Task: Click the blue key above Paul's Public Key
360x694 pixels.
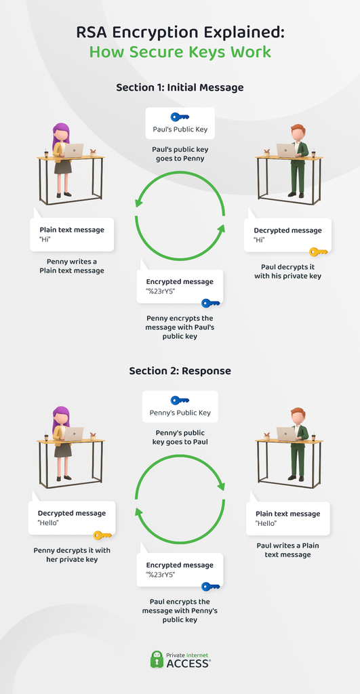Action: pos(180,117)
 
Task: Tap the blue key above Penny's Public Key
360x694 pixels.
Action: pos(180,400)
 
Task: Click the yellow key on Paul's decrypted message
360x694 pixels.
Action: pos(319,252)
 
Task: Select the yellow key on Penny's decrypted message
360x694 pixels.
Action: pos(103,535)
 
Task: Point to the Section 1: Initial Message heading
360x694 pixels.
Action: pos(180,87)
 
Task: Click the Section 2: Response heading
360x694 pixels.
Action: pos(180,371)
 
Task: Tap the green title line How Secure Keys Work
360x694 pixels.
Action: pos(180,52)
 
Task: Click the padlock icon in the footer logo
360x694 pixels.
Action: pos(157,659)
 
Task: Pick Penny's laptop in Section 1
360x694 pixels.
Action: pos(72,150)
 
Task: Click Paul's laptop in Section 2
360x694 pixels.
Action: pos(287,434)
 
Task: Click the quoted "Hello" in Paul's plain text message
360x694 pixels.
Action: pos(266,524)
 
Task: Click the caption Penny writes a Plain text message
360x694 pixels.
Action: pos(72,266)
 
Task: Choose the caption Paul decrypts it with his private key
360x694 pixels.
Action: pos(288,272)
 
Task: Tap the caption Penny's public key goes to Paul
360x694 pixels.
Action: pos(180,437)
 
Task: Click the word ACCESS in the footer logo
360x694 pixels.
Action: pos(188,664)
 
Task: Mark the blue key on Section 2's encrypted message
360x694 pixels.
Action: pos(211,586)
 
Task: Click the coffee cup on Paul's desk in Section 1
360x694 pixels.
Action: pos(313,152)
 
